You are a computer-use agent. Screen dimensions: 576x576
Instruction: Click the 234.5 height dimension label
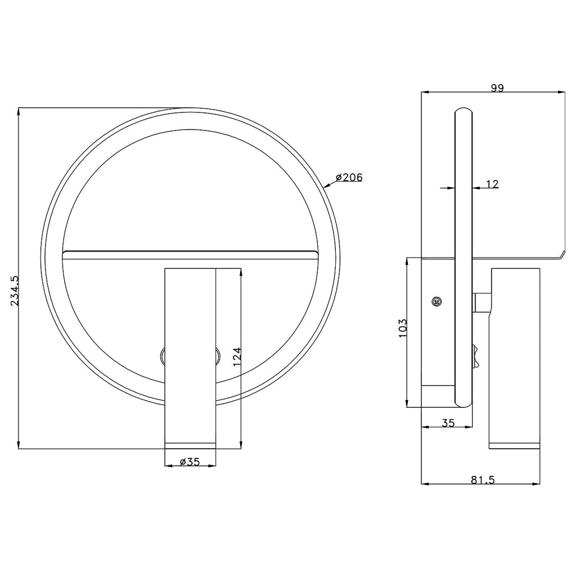(x=15, y=290)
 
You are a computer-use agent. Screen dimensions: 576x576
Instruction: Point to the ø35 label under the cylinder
(x=190, y=462)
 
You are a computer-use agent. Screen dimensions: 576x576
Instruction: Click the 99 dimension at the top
(x=497, y=87)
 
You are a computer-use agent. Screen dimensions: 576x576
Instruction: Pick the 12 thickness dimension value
(x=492, y=184)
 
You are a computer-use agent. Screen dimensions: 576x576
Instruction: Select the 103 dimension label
(x=402, y=327)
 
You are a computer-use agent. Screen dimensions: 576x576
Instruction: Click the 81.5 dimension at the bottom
(x=482, y=480)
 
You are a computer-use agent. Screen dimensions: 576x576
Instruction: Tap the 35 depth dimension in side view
(x=448, y=424)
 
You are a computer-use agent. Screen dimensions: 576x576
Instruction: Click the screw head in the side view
(x=436, y=301)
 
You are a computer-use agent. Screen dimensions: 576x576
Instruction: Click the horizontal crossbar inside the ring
(x=190, y=255)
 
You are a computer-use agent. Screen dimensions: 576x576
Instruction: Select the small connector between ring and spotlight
(x=482, y=302)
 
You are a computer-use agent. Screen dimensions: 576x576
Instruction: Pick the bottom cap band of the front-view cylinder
(x=190, y=445)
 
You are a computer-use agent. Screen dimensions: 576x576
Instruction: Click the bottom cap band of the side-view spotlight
(x=515, y=445)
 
